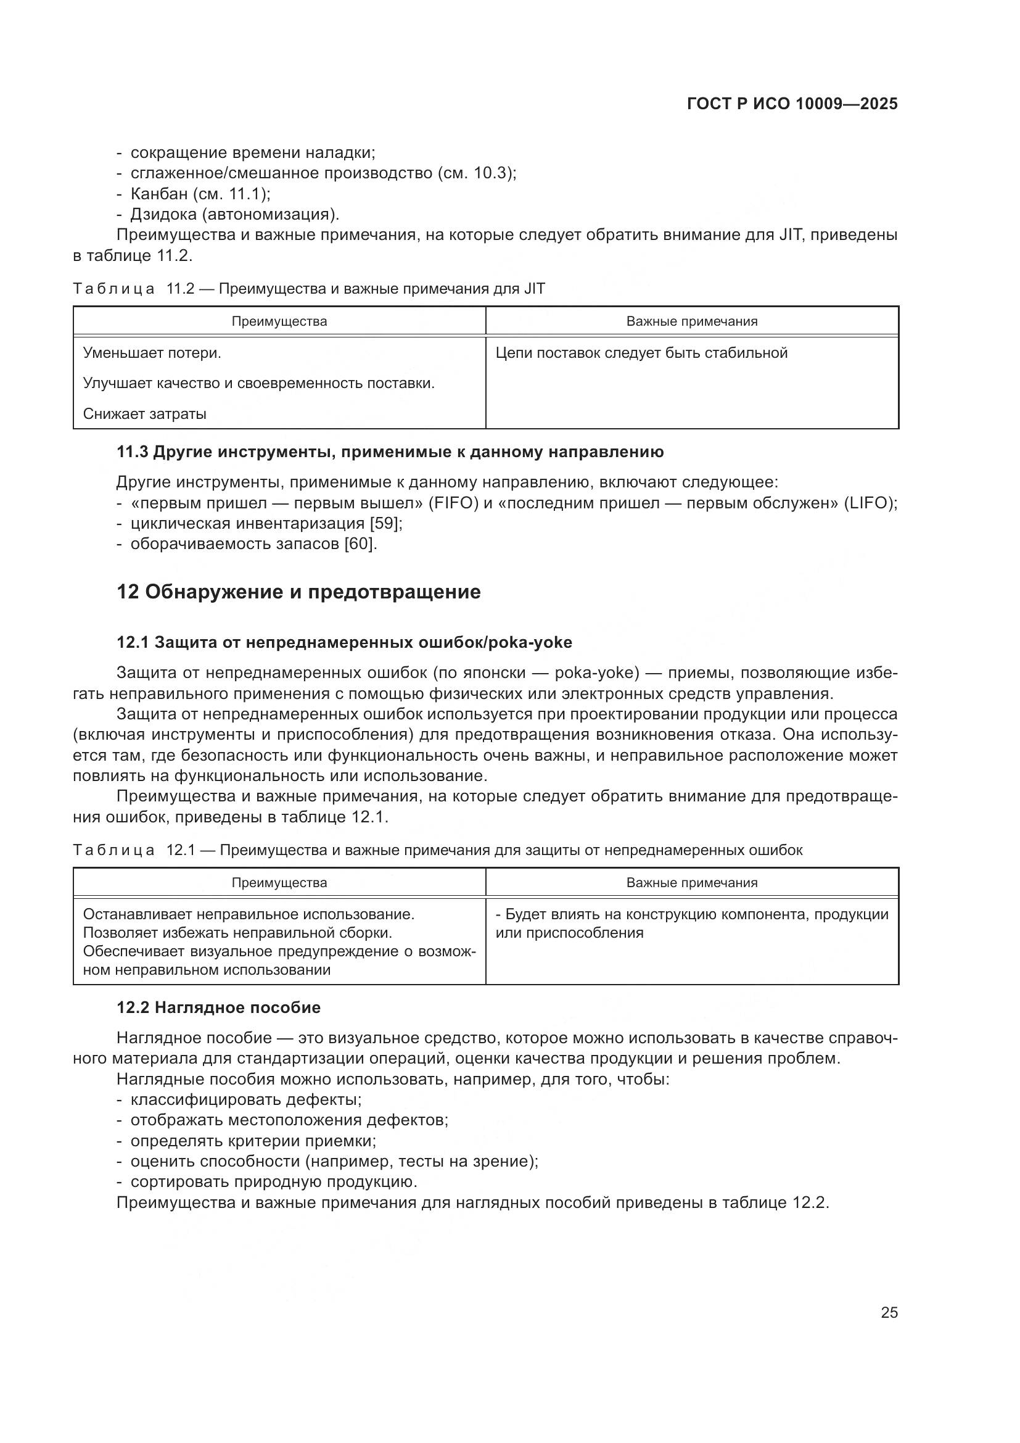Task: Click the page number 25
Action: click(x=889, y=1312)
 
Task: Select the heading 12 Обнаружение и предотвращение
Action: click(x=298, y=592)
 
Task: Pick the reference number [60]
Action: click(x=361, y=544)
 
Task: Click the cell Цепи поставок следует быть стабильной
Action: click(x=641, y=353)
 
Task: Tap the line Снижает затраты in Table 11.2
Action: click(x=144, y=414)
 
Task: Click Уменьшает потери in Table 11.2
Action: click(x=152, y=353)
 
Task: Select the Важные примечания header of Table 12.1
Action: click(x=691, y=882)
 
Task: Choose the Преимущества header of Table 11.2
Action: click(x=279, y=321)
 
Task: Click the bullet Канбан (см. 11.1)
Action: click(x=200, y=194)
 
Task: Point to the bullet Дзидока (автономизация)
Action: click(x=234, y=214)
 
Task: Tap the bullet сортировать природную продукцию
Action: click(x=273, y=1181)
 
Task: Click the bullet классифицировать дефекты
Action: click(x=245, y=1099)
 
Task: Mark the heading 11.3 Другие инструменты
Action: click(x=389, y=452)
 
